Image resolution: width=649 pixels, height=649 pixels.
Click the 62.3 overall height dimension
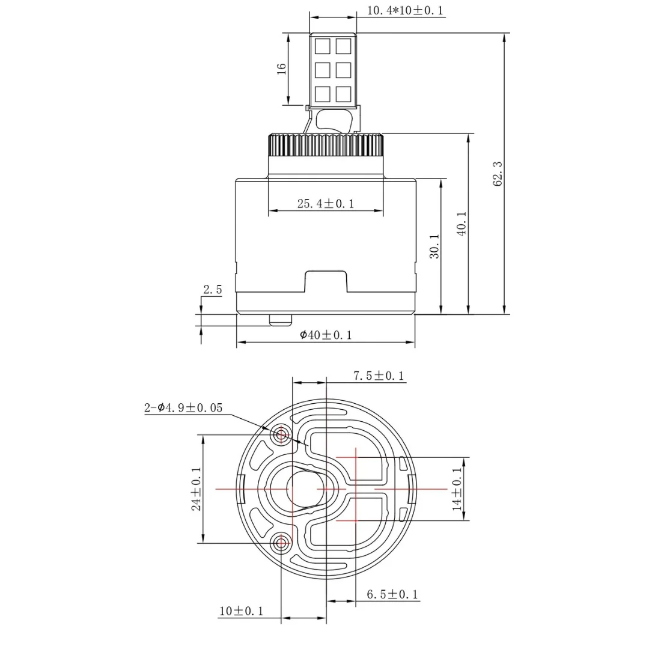[x=498, y=173]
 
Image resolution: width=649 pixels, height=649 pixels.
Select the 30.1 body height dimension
[x=434, y=246]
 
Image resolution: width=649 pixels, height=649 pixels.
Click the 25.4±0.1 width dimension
[x=326, y=204]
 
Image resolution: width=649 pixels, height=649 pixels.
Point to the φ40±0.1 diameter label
[x=326, y=335]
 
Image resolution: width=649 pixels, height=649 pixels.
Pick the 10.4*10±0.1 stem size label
[x=406, y=10]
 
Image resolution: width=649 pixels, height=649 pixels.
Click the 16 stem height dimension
[x=281, y=69]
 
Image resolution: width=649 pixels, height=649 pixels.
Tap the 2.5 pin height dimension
[x=212, y=290]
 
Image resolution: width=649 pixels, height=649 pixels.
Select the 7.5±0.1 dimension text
[x=379, y=376]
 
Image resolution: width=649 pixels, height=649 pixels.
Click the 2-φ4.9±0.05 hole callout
[x=183, y=408]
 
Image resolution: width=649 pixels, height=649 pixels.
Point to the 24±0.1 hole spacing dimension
[x=196, y=489]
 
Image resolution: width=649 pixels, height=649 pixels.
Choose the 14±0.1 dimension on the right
[x=459, y=489]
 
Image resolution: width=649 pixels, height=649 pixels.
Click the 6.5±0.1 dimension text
[x=393, y=595]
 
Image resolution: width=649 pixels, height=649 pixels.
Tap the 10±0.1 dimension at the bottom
[x=242, y=611]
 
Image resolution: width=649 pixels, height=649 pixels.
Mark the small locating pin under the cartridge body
[x=279, y=320]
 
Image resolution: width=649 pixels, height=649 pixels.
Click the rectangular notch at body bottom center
[x=326, y=281]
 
